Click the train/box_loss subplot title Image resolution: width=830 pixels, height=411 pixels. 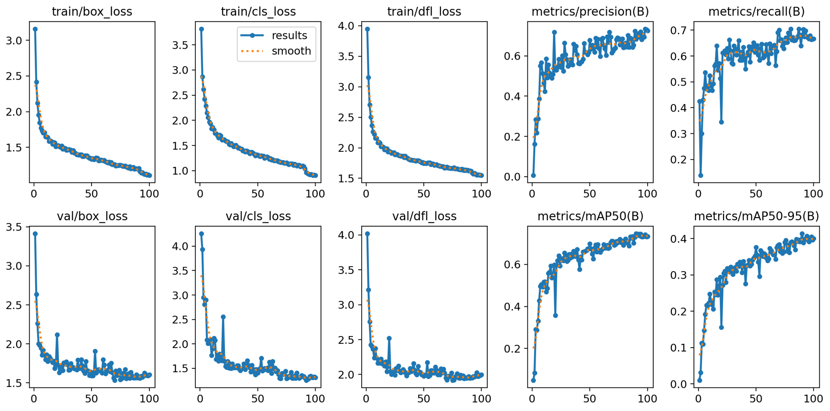coord(92,12)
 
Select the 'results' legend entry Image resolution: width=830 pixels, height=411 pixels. coord(289,36)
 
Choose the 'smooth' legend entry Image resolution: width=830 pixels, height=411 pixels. coord(291,51)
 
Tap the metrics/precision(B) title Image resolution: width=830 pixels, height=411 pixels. coord(590,12)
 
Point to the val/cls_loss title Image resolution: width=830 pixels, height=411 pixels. coord(258,216)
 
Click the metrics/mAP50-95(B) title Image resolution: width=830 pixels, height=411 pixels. coord(756,216)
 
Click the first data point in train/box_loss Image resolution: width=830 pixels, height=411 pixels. coord(35,29)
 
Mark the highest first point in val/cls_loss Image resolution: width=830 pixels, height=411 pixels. coord(201,234)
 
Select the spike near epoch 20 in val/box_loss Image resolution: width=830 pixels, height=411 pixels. coord(57,335)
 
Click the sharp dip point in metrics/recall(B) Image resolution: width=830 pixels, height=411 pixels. coord(721,122)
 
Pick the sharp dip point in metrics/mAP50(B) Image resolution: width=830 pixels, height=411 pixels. coord(555,315)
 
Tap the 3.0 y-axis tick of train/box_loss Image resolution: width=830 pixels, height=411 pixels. coord(14,40)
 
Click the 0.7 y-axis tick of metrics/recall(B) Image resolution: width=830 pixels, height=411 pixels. coord(680,30)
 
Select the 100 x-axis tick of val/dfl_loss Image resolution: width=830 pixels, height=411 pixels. coord(482,399)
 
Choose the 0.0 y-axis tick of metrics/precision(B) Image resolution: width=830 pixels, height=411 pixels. coord(513,177)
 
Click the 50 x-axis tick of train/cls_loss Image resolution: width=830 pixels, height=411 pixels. coord(258,193)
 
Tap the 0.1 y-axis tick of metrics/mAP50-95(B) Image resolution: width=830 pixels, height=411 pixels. coord(680,348)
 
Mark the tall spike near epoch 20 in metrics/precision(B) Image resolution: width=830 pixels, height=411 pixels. coord(554,32)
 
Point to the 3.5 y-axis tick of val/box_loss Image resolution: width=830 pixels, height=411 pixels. coord(14,227)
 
